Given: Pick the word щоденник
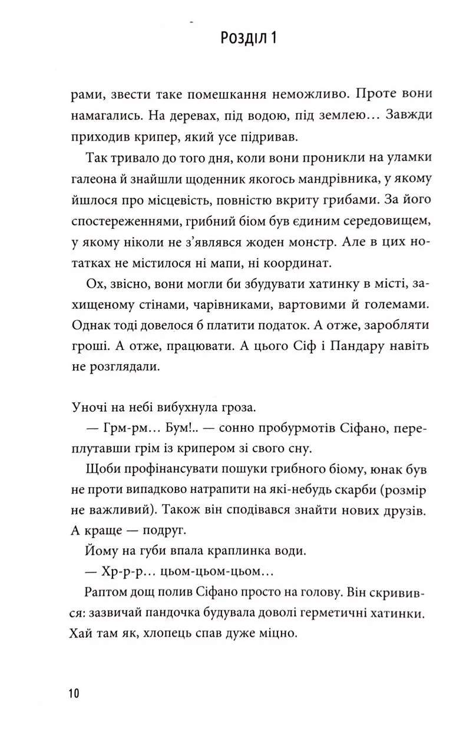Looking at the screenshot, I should click(x=207, y=179).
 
